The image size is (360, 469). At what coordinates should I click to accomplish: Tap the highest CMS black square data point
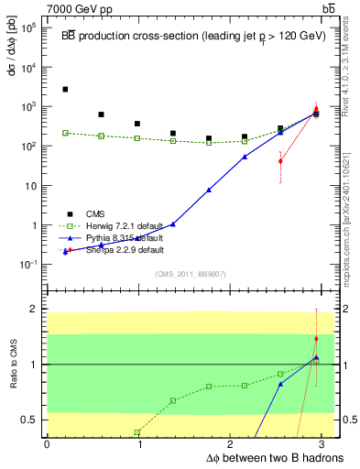point(65,90)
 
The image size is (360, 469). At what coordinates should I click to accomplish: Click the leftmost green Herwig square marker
point(65,133)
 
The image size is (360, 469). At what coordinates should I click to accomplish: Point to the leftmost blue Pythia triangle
point(65,251)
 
